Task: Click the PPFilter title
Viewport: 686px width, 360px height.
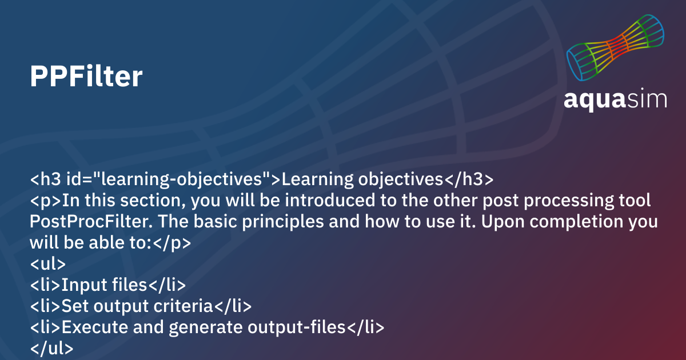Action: (x=86, y=76)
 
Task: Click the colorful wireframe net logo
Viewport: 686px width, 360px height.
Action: (x=615, y=47)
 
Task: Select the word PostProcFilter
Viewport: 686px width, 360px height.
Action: (x=91, y=221)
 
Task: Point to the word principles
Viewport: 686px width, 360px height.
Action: (x=282, y=222)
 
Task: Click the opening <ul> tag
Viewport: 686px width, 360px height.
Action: (x=48, y=263)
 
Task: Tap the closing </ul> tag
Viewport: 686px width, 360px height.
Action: (x=51, y=348)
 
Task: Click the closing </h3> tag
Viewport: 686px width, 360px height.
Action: (x=469, y=179)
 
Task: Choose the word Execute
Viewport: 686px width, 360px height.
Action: (x=95, y=327)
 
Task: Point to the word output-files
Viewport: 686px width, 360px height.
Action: (x=297, y=327)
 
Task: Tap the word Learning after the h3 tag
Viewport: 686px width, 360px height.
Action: (x=318, y=179)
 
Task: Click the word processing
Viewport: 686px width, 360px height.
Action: (x=569, y=201)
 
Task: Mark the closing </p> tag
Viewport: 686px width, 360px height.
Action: (x=171, y=243)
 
